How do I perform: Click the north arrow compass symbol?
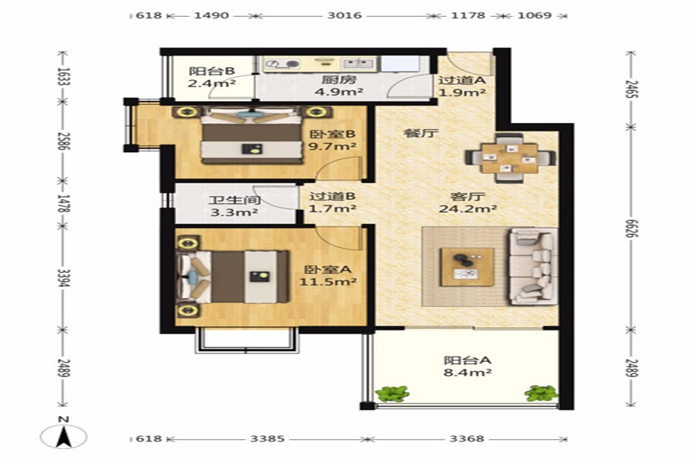tap(64, 436)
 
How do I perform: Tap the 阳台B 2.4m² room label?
tap(211, 76)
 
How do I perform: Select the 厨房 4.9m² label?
tap(338, 86)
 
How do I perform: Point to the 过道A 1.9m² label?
tap(462, 86)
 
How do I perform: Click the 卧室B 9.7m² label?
tap(332, 140)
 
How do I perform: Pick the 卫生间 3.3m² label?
tap(234, 207)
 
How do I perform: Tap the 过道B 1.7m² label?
tap(332, 203)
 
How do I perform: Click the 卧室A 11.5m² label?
tap(328, 275)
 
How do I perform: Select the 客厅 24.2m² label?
tap(468, 203)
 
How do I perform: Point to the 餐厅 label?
tap(421, 133)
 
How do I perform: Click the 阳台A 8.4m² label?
tap(467, 366)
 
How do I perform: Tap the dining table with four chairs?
tap(510, 158)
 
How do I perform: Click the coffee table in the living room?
tap(467, 267)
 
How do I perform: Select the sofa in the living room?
tap(533, 266)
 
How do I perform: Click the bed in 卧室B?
tap(252, 135)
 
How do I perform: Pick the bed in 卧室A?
tap(233, 277)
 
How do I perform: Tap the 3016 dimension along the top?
tap(344, 15)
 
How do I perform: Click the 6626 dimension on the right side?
tap(632, 228)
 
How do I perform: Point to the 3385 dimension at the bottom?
tap(267, 438)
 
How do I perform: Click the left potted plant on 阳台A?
tap(392, 393)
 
